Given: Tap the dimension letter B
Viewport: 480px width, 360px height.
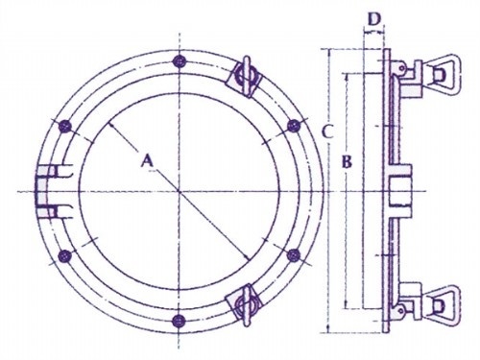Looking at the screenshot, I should pyautogui.click(x=348, y=164).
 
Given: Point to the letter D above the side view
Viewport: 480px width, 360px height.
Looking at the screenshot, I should pyautogui.click(x=372, y=16).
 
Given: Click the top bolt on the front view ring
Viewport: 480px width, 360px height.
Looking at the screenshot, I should pyautogui.click(x=180, y=61).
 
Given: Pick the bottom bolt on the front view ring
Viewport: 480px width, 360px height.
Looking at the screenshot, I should pyautogui.click(x=180, y=321).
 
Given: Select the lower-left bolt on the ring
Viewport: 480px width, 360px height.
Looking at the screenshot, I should pyautogui.click(x=65, y=255).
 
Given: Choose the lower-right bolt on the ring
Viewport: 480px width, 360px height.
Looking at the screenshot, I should pyautogui.click(x=293, y=255).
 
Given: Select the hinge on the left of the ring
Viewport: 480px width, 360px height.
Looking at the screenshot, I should pyautogui.click(x=48, y=191).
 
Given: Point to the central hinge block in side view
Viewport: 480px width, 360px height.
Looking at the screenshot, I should pyautogui.click(x=400, y=191).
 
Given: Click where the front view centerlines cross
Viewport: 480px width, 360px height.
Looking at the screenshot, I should pyautogui.click(x=180, y=191).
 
